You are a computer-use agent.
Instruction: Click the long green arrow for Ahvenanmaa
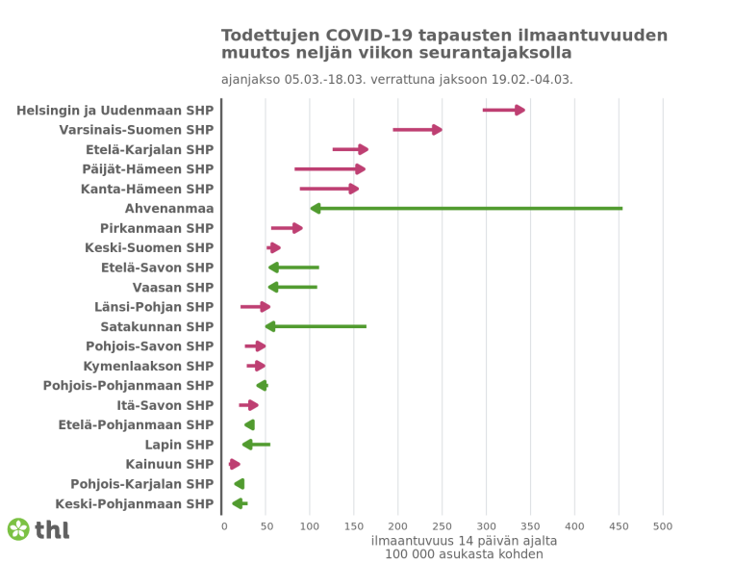coord(467,208)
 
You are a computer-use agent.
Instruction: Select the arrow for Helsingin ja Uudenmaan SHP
coord(503,110)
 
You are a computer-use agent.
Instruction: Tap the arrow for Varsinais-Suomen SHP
coord(417,129)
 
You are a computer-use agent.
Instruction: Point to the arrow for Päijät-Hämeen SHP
coord(330,168)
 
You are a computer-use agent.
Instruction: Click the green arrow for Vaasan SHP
coord(292,287)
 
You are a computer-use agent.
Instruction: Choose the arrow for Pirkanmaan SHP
coord(287,228)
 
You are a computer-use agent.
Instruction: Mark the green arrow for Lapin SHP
coord(256,445)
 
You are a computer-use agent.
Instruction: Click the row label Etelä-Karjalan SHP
coord(149,149)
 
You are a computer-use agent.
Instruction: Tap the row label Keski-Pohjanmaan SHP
coord(135,503)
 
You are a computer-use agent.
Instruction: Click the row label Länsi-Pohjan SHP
coord(154,307)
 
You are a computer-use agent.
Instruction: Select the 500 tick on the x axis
coord(663,526)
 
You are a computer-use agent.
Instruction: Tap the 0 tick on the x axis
coord(224,526)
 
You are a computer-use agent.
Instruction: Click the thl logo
coord(38,529)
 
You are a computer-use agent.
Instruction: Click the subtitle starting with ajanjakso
coord(396,79)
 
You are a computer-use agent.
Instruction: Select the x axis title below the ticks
coord(464,548)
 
